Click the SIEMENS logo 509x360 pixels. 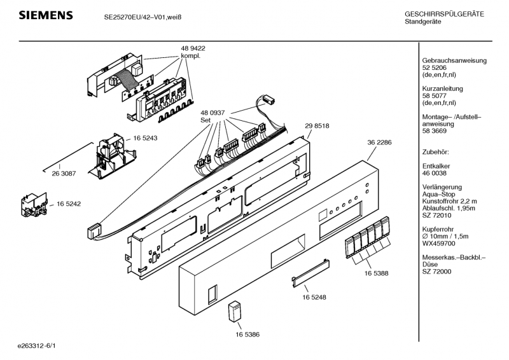(x=46, y=15)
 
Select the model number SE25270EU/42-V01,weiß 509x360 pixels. (x=143, y=17)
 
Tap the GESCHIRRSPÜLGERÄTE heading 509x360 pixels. (x=444, y=14)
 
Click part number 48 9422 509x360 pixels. (x=193, y=48)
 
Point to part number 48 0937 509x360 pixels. (x=213, y=113)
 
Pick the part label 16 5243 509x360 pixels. (x=145, y=138)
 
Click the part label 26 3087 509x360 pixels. (x=64, y=174)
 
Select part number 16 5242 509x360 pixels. (x=69, y=204)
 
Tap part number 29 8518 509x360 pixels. (x=317, y=126)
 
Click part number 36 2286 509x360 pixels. (x=379, y=142)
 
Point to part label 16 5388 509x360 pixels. (x=376, y=273)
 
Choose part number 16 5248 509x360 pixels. (x=314, y=297)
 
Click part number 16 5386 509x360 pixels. (x=248, y=335)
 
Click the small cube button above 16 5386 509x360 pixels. (x=235, y=312)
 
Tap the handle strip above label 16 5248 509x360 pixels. (x=310, y=273)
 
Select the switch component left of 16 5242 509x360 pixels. (x=34, y=205)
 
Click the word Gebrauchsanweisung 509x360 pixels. (x=454, y=60)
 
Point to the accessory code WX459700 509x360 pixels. (x=438, y=244)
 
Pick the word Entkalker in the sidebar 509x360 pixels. (x=436, y=166)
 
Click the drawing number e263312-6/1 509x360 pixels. (x=37, y=346)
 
